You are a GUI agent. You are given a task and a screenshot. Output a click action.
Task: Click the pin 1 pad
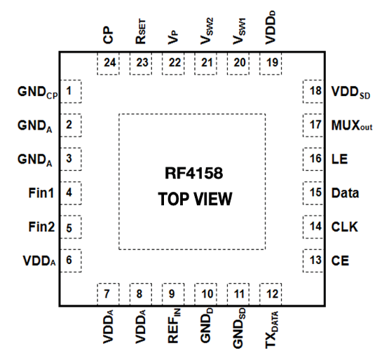(71, 91)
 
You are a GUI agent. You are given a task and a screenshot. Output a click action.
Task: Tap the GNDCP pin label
(37, 92)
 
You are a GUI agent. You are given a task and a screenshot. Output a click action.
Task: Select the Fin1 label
(41, 193)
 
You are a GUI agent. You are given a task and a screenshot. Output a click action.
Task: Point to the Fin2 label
(41, 227)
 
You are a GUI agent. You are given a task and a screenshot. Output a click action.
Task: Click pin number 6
(69, 260)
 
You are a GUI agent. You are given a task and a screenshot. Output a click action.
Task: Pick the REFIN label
(174, 326)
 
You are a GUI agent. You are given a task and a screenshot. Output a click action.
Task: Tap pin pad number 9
(173, 294)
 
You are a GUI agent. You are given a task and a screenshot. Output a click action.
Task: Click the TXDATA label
(272, 329)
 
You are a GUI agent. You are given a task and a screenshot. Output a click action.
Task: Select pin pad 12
(270, 294)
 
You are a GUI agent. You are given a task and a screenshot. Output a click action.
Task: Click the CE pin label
(340, 261)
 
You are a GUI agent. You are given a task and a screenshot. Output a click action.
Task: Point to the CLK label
(344, 227)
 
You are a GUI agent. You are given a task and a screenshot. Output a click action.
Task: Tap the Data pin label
(345, 193)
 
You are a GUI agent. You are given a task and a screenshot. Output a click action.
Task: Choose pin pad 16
(313, 159)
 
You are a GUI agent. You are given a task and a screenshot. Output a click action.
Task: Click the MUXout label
(352, 125)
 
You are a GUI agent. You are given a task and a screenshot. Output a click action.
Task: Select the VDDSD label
(350, 92)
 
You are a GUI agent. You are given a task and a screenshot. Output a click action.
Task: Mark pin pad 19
(270, 64)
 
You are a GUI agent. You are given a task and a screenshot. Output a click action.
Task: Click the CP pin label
(108, 35)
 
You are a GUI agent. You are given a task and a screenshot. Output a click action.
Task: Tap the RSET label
(141, 32)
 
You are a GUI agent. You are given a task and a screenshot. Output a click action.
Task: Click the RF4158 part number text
(194, 173)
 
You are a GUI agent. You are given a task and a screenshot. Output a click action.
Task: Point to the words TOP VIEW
(195, 199)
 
